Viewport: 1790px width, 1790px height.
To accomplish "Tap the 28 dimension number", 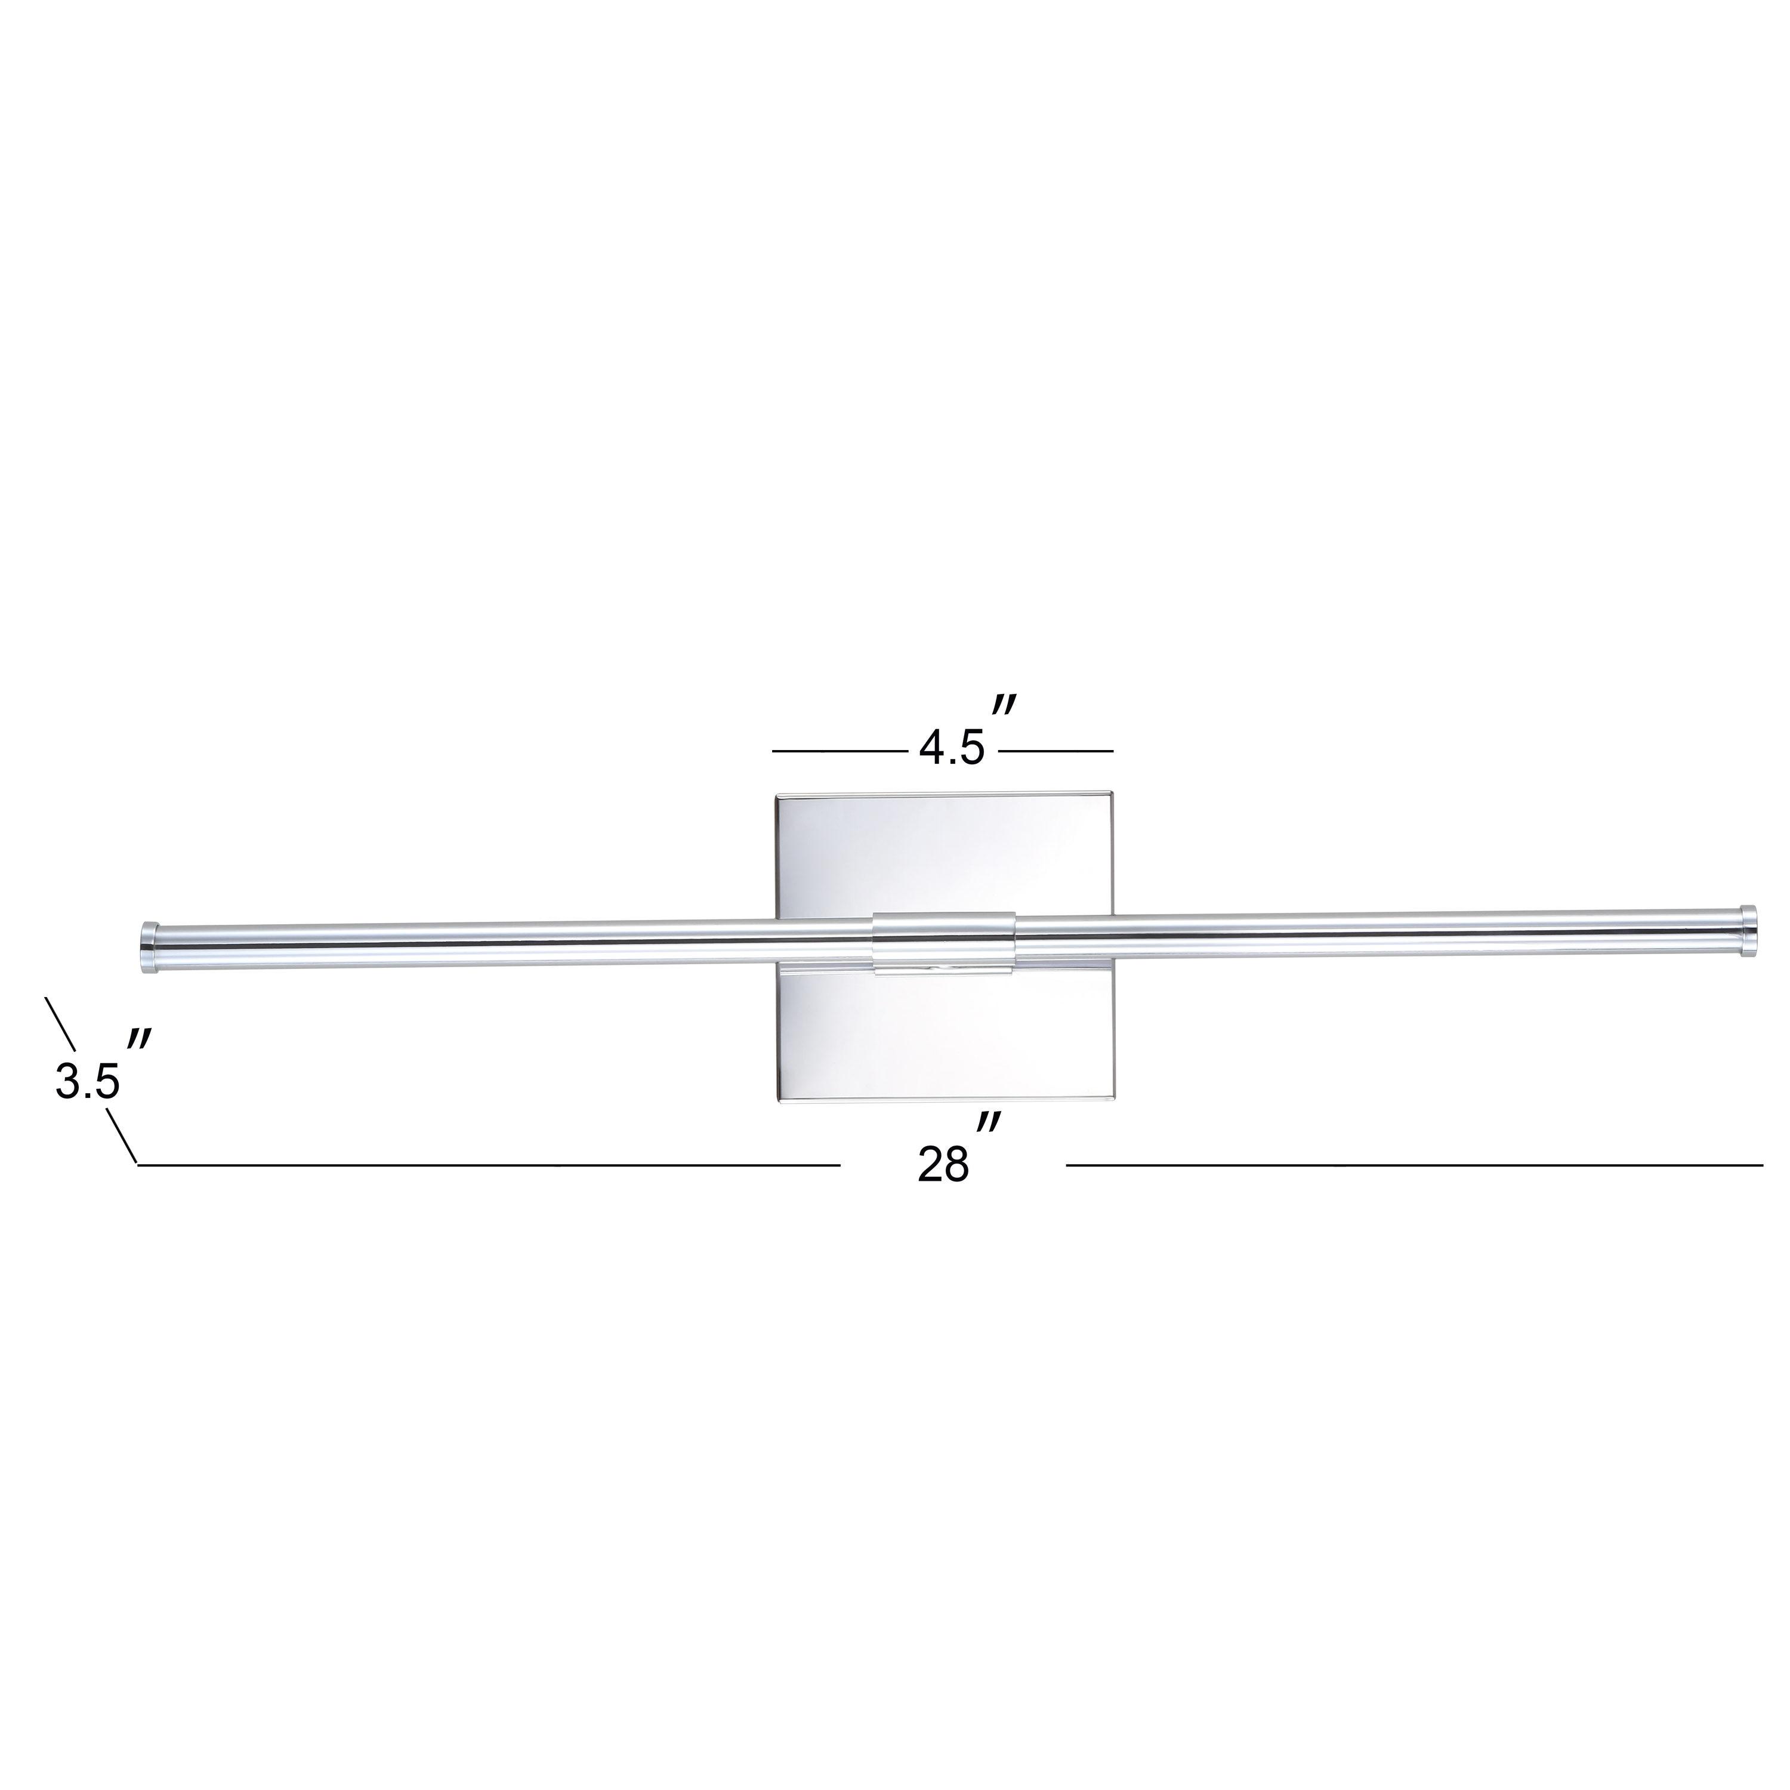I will pyautogui.click(x=943, y=1165).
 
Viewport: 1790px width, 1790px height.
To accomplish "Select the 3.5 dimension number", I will pyautogui.click(x=87, y=1081).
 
